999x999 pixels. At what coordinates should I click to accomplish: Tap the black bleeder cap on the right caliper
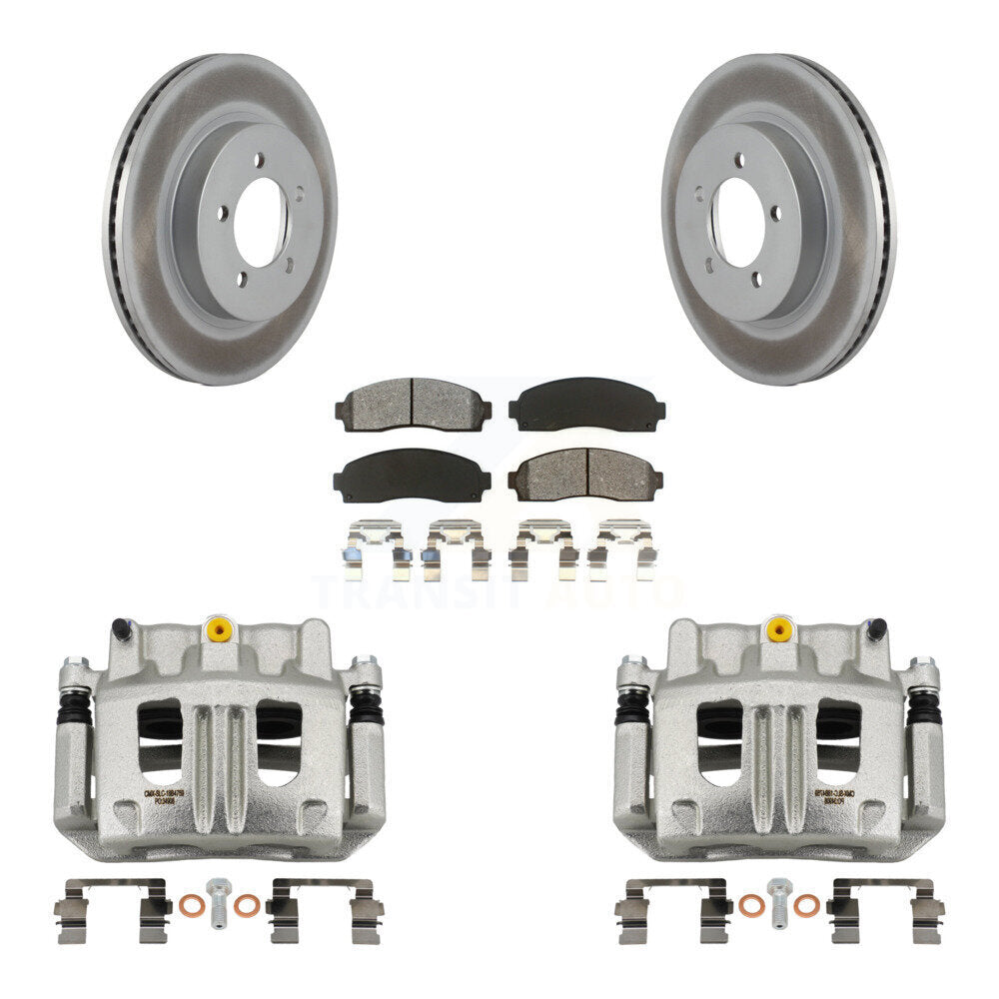tap(876, 628)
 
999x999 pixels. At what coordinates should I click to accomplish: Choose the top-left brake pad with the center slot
tap(413, 403)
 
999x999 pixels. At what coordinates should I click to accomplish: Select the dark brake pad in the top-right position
tap(586, 403)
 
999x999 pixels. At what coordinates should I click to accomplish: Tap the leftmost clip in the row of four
tap(375, 549)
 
